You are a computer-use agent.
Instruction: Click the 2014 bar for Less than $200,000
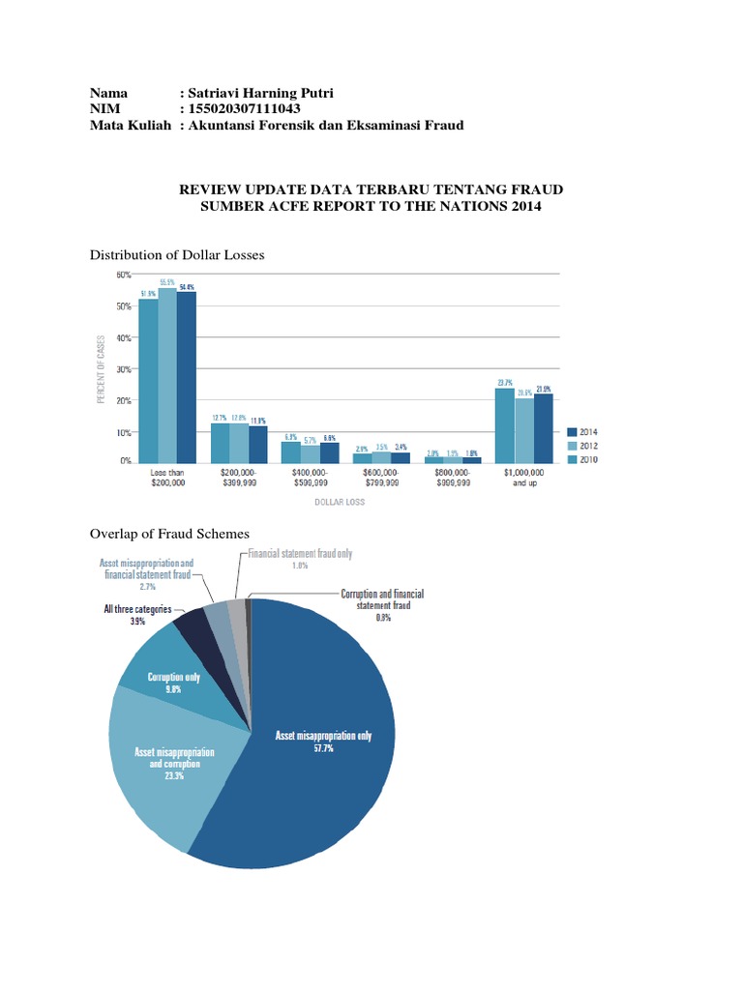[186, 377]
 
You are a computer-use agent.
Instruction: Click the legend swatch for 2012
[572, 446]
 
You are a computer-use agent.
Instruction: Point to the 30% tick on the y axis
[124, 369]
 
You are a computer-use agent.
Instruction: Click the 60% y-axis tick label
[124, 275]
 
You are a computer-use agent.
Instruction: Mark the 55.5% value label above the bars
[167, 282]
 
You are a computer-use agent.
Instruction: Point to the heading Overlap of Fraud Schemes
[169, 534]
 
